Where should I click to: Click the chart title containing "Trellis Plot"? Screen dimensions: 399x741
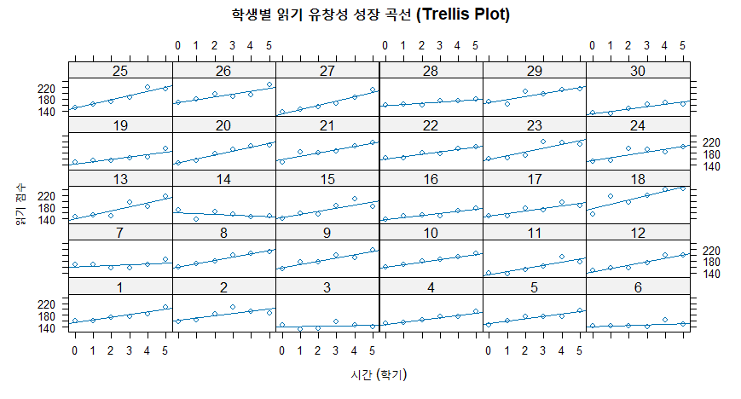click(371, 14)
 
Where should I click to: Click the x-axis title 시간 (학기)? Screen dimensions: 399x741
click(379, 374)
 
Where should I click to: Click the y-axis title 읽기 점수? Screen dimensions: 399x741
click(19, 208)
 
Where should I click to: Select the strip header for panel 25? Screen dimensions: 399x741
click(121, 70)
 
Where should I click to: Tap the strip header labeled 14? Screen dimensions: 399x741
click(224, 178)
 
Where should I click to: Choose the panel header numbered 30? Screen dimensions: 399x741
click(638, 70)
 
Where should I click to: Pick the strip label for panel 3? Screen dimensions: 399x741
click(327, 286)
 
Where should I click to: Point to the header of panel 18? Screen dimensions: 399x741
click(638, 178)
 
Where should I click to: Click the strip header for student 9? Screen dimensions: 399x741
click(327, 232)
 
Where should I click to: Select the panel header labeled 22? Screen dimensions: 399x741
click(431, 124)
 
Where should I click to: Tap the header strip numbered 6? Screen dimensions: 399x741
click(638, 286)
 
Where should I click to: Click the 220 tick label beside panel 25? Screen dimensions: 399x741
click(47, 88)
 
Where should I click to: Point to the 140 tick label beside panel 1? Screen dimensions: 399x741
click(47, 328)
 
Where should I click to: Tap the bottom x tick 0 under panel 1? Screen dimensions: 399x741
click(75, 350)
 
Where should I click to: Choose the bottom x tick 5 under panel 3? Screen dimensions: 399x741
click(372, 350)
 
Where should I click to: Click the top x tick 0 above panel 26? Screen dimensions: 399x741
click(177, 45)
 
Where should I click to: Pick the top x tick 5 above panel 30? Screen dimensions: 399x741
click(682, 45)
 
